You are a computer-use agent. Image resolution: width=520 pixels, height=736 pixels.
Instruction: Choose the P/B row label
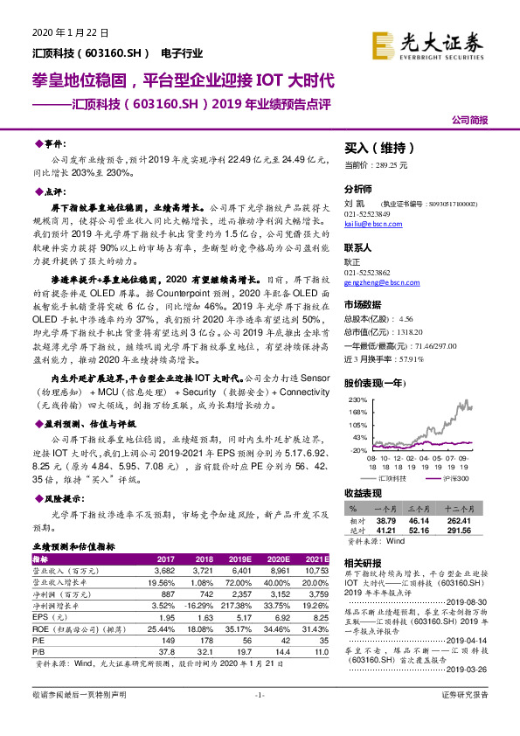coord(39,649)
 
